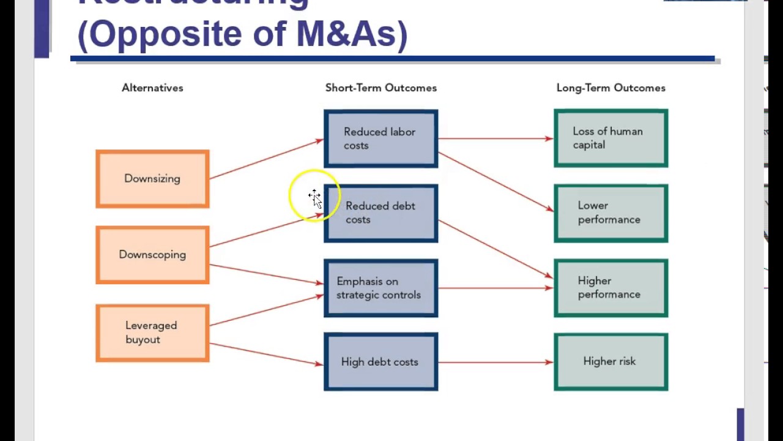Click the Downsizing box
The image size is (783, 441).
tap(152, 179)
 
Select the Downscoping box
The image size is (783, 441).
tap(152, 255)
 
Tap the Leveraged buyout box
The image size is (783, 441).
tap(152, 333)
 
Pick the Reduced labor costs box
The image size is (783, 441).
tap(380, 138)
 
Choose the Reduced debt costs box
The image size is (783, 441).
tap(380, 213)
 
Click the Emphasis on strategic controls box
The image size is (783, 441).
tap(380, 288)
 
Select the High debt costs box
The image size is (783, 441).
tap(380, 362)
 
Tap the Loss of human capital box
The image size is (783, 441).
tap(610, 138)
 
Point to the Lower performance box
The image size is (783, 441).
tap(610, 213)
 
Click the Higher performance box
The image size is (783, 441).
tap(610, 288)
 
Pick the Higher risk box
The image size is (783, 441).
tap(610, 362)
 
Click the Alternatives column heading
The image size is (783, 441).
tap(152, 88)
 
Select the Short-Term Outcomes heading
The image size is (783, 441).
tap(380, 88)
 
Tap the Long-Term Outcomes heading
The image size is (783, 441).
tap(610, 88)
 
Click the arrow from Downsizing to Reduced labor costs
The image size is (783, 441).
tap(266, 159)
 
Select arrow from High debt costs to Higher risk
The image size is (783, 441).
tap(495, 363)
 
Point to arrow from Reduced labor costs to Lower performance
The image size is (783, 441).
tap(495, 182)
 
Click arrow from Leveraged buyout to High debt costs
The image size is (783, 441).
tap(266, 353)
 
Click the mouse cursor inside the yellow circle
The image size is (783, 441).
tap(314, 197)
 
